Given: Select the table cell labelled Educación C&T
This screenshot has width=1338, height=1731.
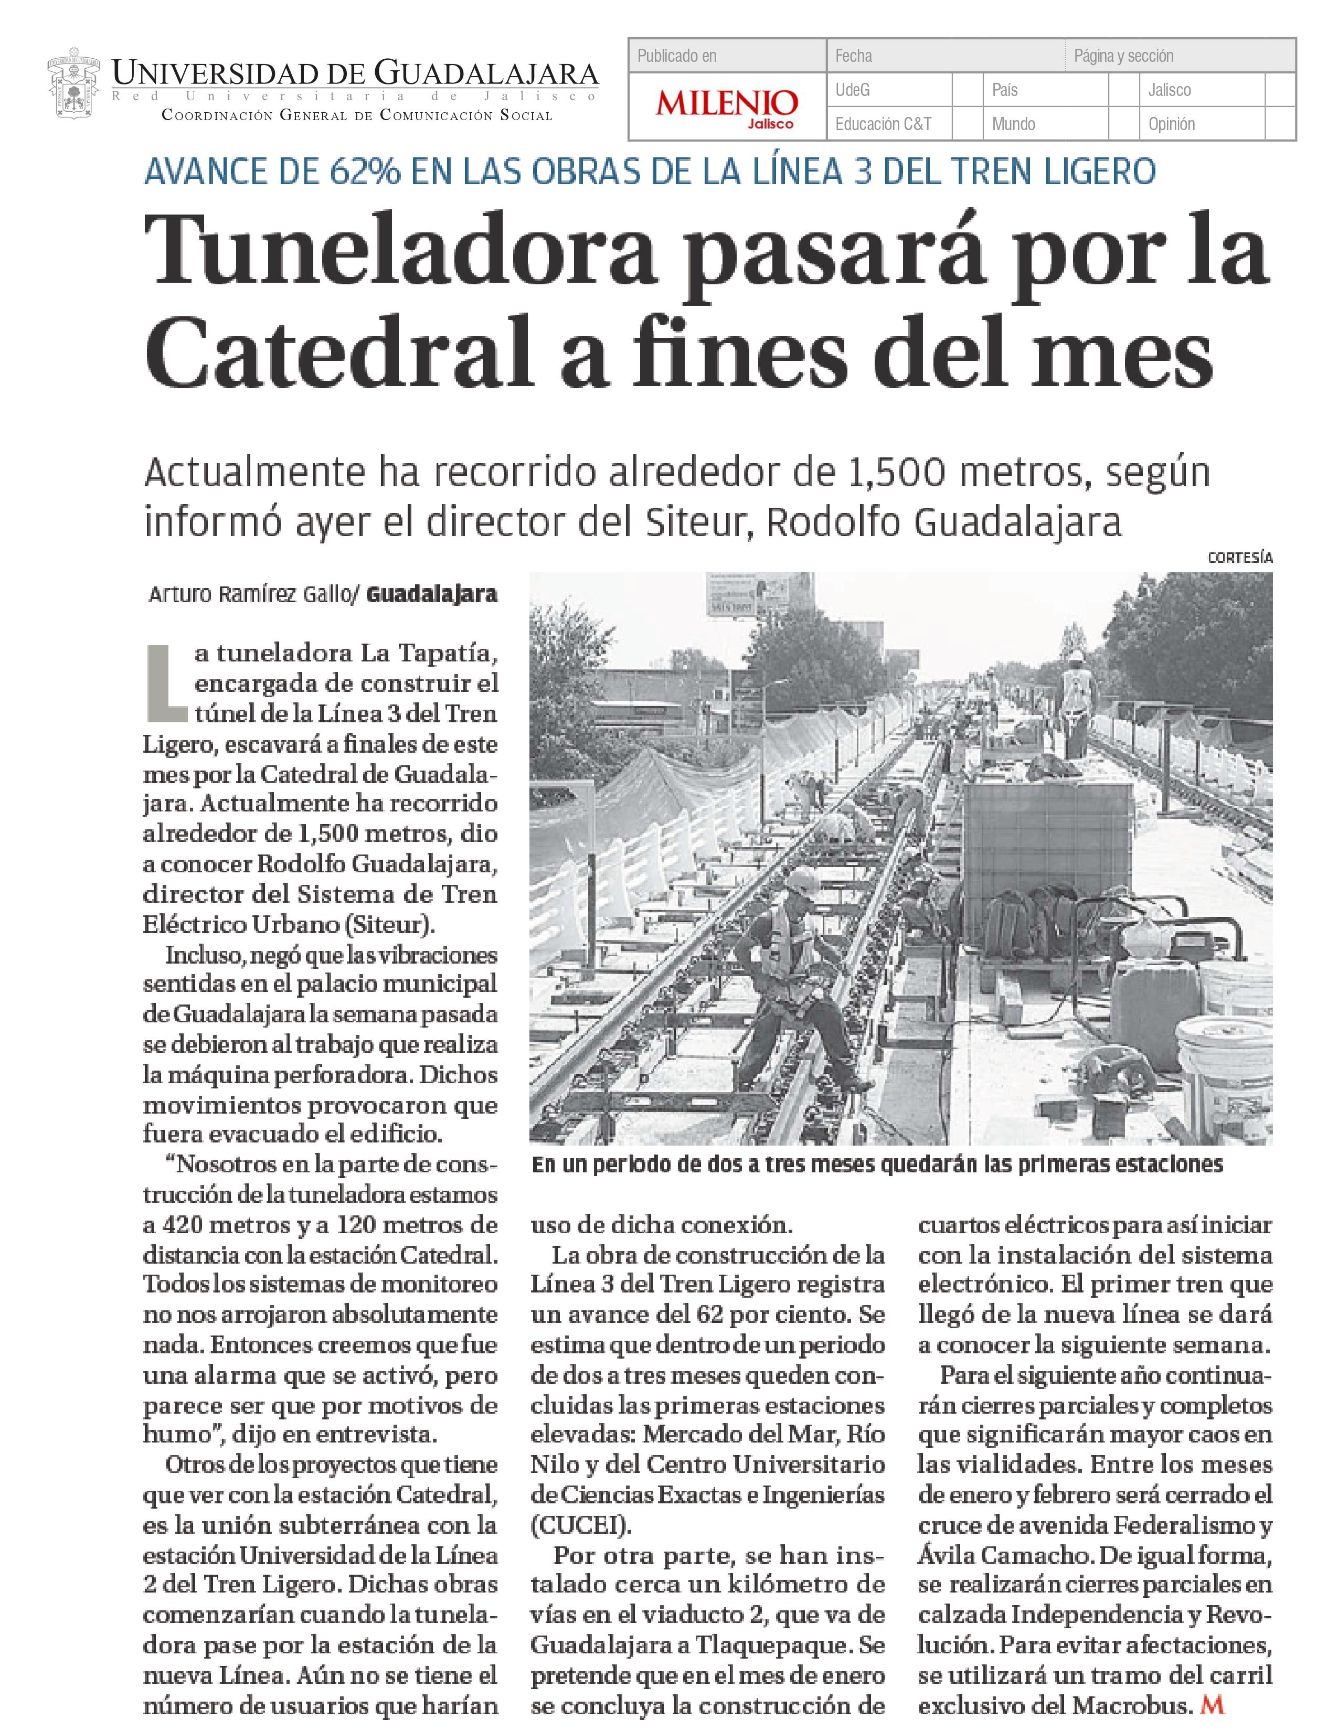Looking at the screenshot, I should [883, 124].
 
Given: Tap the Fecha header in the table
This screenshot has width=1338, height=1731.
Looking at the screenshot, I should [854, 56].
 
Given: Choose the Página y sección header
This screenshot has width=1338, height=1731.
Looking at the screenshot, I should [1123, 56].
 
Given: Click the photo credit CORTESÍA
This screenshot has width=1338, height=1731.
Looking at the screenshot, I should [1240, 558].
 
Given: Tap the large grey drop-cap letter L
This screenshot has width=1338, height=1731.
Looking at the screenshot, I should [166, 683].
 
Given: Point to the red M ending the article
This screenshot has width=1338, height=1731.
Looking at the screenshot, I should [1213, 1700].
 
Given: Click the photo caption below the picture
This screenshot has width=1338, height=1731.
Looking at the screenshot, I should [877, 1165].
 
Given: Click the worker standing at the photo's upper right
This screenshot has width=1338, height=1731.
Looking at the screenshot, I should [1076, 698].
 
